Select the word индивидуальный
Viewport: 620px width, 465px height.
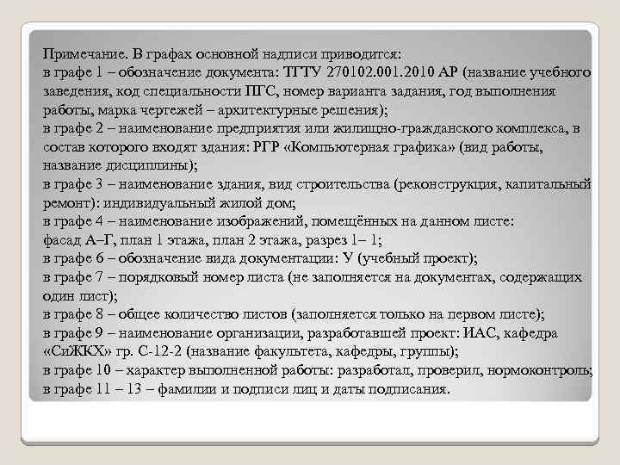(x=145, y=203)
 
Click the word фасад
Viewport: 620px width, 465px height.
(x=60, y=241)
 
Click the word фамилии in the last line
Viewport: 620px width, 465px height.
(x=177, y=389)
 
